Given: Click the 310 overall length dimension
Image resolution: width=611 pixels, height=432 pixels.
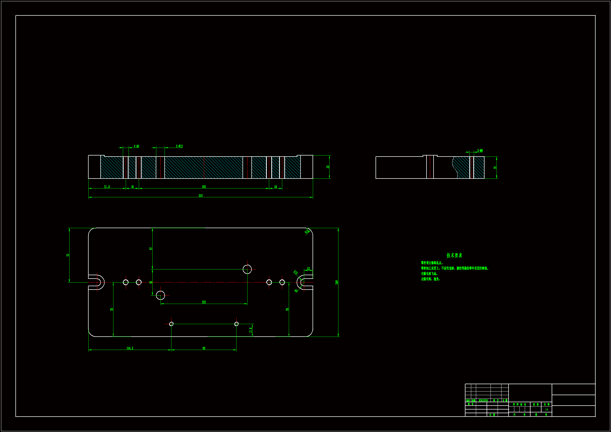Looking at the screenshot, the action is (200, 196).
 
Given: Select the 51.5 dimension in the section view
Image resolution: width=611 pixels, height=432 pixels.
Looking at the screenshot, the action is (107, 187).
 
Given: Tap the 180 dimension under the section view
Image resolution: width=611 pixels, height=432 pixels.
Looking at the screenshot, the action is (204, 187).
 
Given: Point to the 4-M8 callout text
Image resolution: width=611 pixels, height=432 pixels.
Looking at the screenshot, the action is (136, 146).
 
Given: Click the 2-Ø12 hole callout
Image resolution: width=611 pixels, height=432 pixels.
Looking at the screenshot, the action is (179, 146).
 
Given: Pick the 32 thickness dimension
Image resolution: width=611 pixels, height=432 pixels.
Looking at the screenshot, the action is (328, 167).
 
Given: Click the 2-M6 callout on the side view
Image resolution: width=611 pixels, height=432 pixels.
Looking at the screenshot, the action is (480, 151).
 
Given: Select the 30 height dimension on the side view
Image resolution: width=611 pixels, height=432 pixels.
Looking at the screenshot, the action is (495, 168).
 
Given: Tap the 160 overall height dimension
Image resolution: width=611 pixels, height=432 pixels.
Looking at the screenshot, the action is (337, 282).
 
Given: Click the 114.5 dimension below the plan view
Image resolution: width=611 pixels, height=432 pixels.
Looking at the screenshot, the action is (130, 348).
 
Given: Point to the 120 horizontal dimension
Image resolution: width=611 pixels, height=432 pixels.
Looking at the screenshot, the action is (204, 302).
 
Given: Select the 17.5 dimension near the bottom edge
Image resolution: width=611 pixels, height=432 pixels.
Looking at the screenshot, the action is (251, 330).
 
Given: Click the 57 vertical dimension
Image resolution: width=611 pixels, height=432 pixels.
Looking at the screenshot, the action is (151, 249).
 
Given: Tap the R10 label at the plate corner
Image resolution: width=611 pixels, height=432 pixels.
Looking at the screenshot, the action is (307, 232).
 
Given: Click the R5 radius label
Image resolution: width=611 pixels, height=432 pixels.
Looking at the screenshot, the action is (296, 291).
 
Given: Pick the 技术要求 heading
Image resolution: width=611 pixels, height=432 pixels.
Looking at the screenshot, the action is (454, 255).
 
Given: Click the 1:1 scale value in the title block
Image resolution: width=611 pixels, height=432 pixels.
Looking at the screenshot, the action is (546, 409).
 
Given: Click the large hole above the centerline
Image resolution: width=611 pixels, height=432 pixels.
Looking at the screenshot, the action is (247, 269).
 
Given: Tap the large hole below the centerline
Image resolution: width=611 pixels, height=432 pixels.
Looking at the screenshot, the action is (160, 295).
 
